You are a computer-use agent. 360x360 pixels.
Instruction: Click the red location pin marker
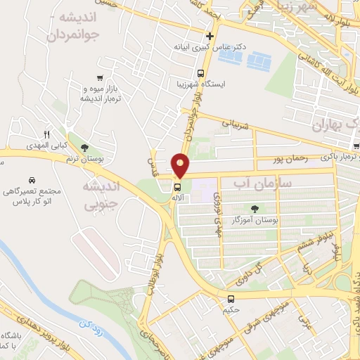coord(181,166)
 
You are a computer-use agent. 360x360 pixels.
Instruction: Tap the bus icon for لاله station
coord(176,188)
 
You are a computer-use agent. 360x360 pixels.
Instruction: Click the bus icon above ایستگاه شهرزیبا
coord(200,73)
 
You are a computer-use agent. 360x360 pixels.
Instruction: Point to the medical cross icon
coord(209,35)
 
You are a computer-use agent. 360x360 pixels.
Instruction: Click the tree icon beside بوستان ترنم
coord(85,148)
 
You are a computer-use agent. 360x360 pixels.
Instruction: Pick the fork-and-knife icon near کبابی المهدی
coord(47,134)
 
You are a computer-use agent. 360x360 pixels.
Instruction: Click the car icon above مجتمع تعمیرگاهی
coord(32,180)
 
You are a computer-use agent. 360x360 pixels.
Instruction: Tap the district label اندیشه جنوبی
coord(102,196)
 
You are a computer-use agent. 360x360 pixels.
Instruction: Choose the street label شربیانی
coord(236,123)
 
